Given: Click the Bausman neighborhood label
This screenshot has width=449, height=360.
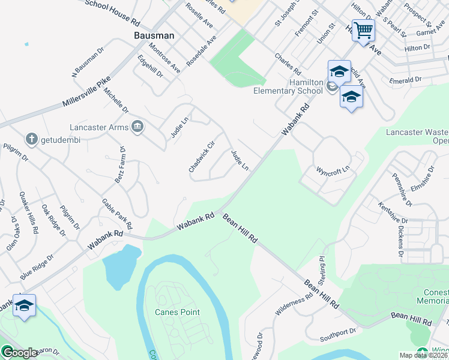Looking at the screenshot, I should (154, 35).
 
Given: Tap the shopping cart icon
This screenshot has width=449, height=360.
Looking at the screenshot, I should (363, 30).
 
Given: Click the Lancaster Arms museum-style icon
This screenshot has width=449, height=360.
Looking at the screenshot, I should (137, 127).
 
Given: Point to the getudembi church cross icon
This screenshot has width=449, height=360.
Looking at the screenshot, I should (31, 139).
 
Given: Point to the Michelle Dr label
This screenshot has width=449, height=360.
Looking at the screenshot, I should (116, 100).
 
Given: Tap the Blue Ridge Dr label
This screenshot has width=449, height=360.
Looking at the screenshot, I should (37, 266).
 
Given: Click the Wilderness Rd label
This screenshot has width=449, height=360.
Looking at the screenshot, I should (294, 304).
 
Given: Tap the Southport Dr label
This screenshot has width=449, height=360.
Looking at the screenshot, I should (338, 330).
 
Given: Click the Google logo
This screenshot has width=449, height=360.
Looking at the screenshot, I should (19, 353).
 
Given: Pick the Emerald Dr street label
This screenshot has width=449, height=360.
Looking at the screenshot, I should (405, 80).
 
